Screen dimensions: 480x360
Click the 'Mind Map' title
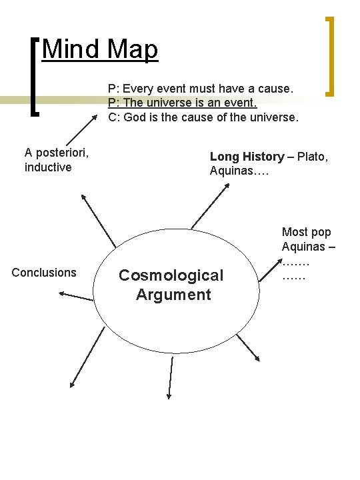(x=100, y=49)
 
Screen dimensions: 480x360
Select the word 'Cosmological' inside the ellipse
(x=171, y=275)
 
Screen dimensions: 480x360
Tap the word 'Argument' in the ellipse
(x=173, y=295)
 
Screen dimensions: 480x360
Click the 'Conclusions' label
(x=44, y=272)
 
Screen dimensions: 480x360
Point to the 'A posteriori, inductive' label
(x=57, y=159)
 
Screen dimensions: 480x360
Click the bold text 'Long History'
(x=247, y=157)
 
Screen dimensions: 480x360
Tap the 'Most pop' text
(x=306, y=232)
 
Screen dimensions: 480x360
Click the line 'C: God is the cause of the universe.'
(x=203, y=117)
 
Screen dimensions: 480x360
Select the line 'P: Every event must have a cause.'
(x=201, y=88)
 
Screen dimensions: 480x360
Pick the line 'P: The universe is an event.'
(x=182, y=103)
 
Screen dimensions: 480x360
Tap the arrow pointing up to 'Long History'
(x=209, y=206)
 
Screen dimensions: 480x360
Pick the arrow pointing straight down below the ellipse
(x=170, y=377)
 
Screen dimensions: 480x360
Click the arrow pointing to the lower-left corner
(x=87, y=357)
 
